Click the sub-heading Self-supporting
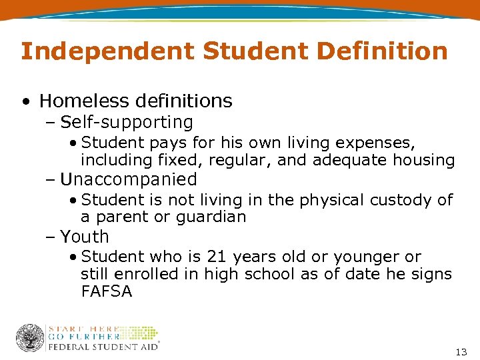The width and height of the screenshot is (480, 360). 127,123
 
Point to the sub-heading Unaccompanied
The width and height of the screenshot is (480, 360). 129,179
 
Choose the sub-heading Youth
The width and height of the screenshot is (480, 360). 85,237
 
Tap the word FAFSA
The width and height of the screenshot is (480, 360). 106,291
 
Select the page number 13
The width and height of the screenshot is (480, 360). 459,351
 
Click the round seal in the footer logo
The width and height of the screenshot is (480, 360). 30,338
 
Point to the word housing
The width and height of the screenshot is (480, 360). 425,160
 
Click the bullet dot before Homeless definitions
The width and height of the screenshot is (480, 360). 25,102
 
